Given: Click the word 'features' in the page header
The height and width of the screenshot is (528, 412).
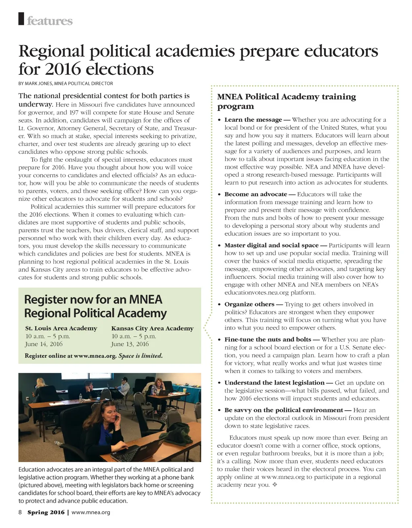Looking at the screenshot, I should coord(50,21).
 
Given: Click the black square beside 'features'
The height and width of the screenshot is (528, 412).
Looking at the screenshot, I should coord(22,19).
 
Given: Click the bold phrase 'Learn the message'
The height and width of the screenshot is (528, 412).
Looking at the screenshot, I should coord(253,120).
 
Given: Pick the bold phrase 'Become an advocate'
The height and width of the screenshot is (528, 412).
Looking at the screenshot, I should coord(255,194).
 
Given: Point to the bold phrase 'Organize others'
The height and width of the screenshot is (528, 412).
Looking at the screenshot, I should coord(249,305).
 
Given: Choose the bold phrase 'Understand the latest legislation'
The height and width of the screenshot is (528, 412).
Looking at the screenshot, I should coord(274,383).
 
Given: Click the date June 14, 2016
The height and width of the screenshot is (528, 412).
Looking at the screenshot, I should coord(44,344).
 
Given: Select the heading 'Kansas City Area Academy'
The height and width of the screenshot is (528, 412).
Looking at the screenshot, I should coord(152,328).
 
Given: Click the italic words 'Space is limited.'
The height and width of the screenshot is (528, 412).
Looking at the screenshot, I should coord(140,356).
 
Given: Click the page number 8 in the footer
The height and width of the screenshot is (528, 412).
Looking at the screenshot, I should coord(21,512).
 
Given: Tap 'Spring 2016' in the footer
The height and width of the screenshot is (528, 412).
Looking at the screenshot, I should coord(46,512).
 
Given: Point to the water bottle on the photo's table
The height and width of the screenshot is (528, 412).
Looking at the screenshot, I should coord(80,398).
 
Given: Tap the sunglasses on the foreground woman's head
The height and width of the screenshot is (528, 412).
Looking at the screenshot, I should coord(107,401).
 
